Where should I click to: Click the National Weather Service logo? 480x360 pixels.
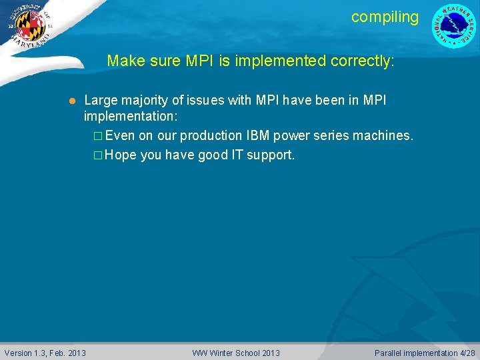coord(454,26)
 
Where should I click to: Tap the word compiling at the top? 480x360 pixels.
coord(385,17)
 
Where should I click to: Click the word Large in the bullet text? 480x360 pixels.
coord(100,100)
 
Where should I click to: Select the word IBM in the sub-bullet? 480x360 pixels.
coord(257,135)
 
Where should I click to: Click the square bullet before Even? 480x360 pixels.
coord(97,136)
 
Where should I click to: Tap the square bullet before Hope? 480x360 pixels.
coord(97,155)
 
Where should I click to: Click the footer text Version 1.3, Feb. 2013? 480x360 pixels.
coord(45,353)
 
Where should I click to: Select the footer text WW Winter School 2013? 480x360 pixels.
coord(236,353)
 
